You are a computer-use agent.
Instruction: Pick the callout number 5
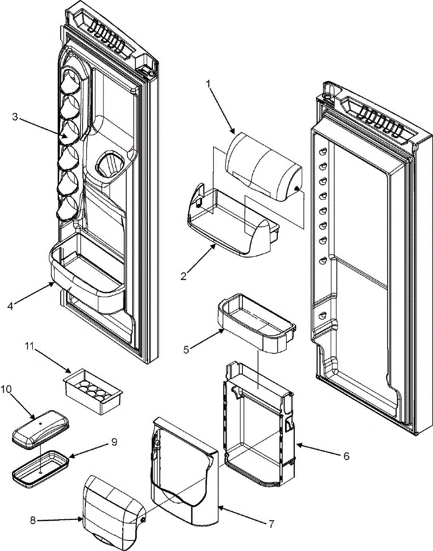(186, 349)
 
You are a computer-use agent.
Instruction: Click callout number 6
(346, 456)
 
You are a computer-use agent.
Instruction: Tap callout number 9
(114, 442)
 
